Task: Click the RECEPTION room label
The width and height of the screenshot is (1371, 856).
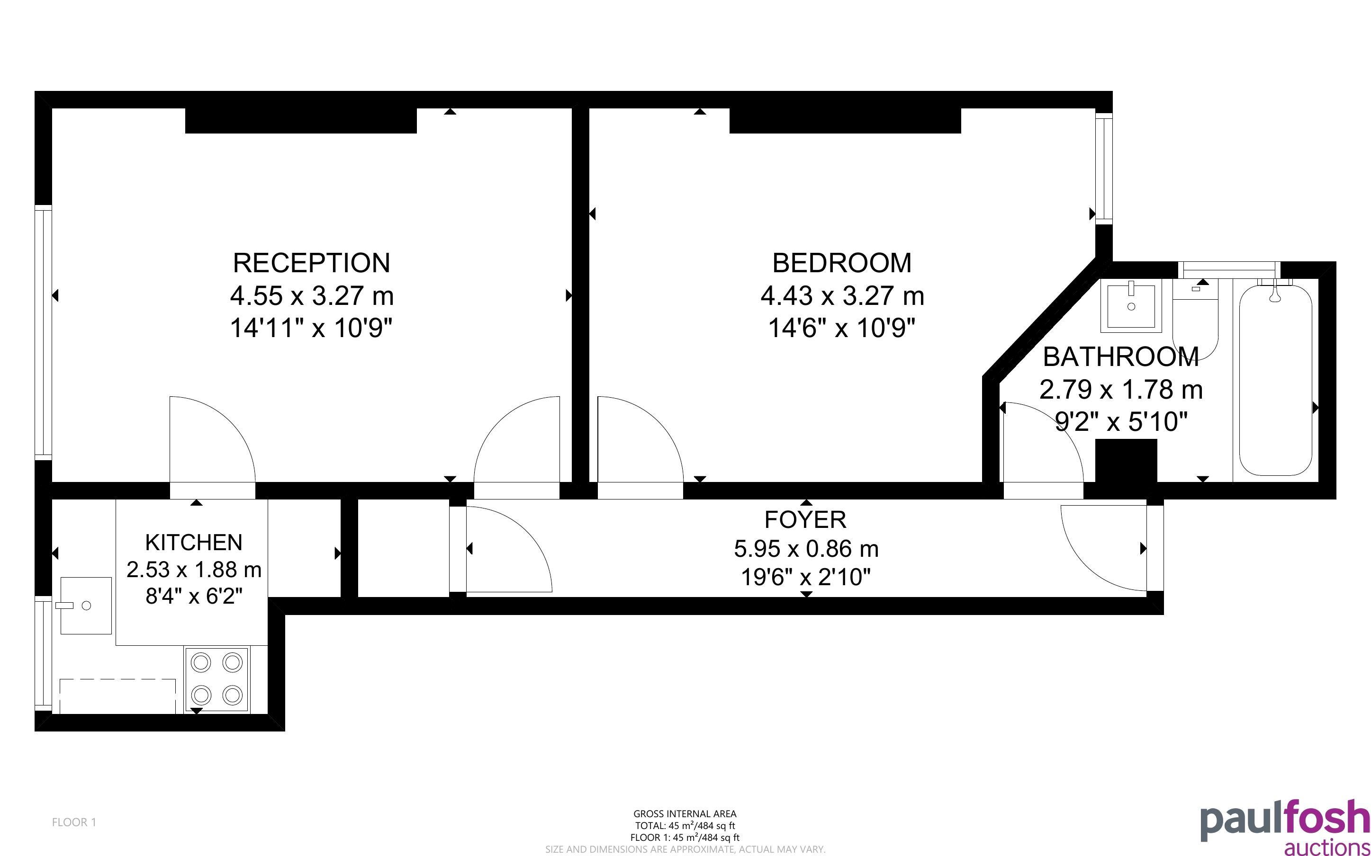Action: [x=311, y=263]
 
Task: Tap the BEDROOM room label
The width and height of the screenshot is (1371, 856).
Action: [x=842, y=263]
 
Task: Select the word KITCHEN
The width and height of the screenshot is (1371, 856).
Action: [x=194, y=543]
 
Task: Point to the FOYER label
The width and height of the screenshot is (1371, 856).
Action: [x=805, y=519]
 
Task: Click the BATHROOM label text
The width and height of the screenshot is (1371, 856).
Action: [x=1121, y=357]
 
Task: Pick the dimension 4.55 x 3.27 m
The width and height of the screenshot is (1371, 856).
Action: [x=311, y=295]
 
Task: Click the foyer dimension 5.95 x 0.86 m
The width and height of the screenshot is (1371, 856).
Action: [x=806, y=548]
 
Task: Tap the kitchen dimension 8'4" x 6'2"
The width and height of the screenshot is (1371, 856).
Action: [x=194, y=596]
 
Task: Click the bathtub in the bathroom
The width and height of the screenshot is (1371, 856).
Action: [x=1275, y=379]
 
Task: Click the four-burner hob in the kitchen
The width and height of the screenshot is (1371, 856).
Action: [x=217, y=679]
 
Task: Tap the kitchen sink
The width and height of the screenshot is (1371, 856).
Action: [x=86, y=606]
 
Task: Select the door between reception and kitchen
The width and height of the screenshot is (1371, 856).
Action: [x=212, y=447]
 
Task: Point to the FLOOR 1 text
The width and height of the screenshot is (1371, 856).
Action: [x=74, y=822]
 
